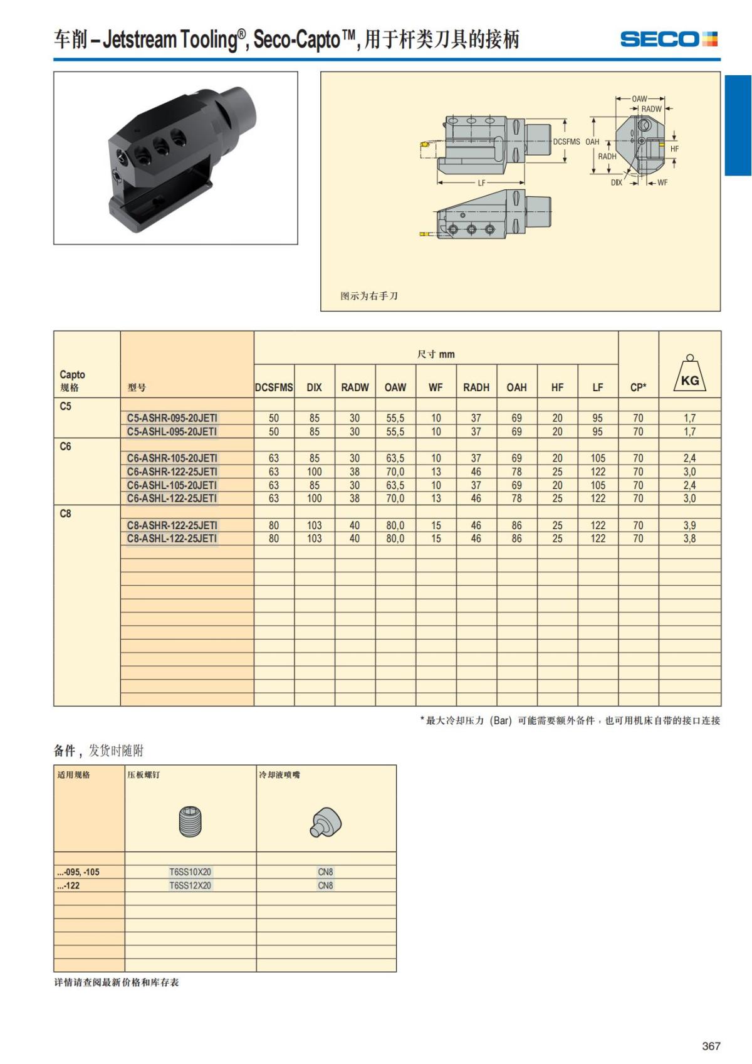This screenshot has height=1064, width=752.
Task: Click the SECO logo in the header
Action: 668,40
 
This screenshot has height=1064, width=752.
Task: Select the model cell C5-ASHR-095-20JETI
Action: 172,418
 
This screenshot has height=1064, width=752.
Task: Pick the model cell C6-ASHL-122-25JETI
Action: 172,498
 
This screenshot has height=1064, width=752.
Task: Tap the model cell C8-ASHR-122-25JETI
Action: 172,525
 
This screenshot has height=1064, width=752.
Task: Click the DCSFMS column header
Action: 274,387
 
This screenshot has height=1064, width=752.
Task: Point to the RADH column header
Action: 476,387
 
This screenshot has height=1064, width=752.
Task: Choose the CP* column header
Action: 638,387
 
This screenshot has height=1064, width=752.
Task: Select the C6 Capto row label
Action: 66,446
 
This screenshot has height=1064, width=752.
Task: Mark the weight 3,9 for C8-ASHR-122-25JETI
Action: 689,525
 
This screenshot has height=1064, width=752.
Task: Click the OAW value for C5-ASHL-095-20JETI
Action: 395,432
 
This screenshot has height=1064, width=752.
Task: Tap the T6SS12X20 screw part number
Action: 191,885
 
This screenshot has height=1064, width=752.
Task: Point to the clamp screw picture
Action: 190,821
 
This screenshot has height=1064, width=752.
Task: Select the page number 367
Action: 711,1046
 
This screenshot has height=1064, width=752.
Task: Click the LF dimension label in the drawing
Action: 481,183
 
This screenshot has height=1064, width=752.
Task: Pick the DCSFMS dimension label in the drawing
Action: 567,142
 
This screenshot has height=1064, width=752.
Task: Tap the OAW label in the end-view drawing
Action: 640,99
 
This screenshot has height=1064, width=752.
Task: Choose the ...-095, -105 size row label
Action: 78,872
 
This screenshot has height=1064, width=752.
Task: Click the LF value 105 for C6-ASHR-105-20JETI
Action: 598,458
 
